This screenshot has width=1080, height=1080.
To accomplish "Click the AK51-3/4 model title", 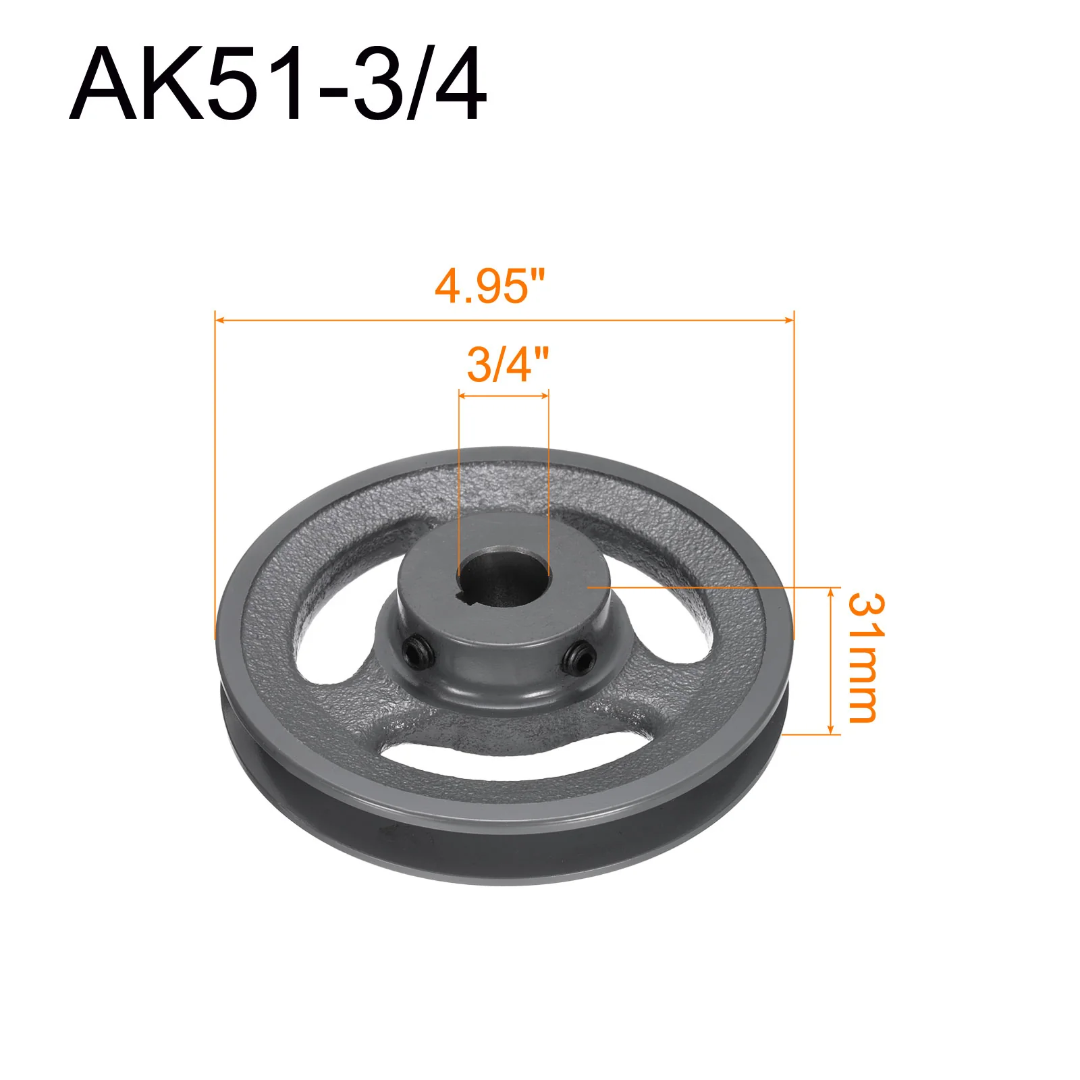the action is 277,83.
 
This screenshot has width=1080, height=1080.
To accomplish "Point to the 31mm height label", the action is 865,657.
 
